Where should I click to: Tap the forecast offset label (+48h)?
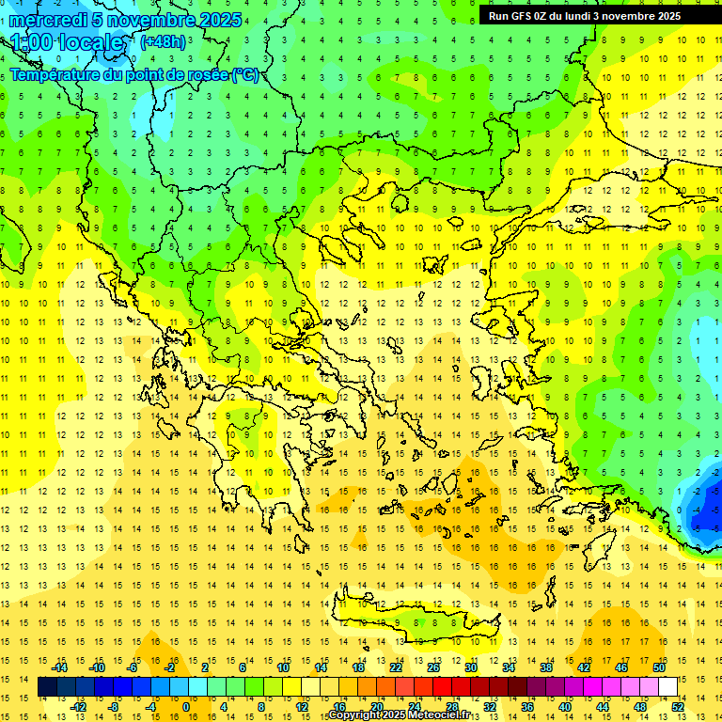[163, 41]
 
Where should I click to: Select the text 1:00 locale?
[68, 43]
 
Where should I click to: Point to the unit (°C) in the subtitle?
[244, 74]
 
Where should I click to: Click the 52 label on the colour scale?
[678, 706]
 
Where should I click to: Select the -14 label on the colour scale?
[60, 667]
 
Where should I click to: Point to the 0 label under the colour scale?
[186, 706]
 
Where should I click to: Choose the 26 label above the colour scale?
[433, 667]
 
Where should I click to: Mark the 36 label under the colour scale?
[527, 706]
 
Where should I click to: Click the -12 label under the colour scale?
[79, 706]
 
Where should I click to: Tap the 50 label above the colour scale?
[659, 667]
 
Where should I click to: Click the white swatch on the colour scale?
[667, 687]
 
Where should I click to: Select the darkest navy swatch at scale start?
[47, 687]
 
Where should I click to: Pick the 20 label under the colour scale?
[377, 706]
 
